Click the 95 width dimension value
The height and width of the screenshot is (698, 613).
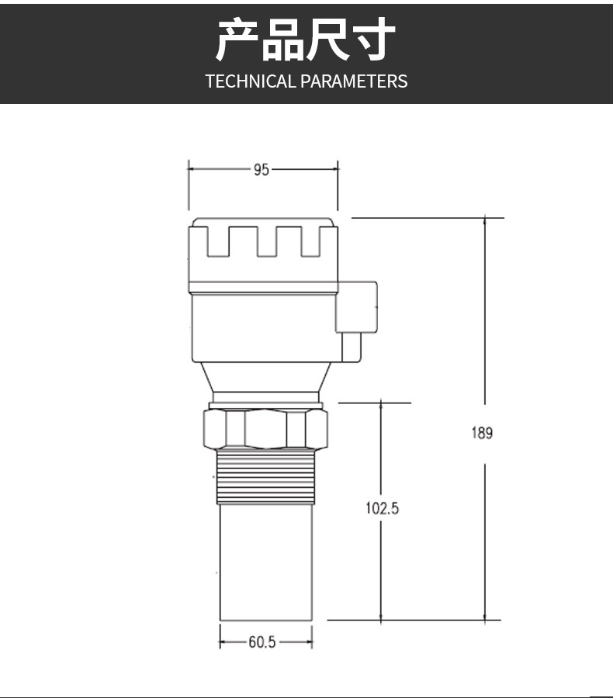pos(261,170)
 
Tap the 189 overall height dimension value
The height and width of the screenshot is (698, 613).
pos(482,433)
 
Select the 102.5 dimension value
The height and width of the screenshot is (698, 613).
pos(383,508)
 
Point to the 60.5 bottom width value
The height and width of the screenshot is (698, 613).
pos(262,642)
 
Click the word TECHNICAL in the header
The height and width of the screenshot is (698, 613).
pos(251,81)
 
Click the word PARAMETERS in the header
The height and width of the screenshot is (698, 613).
pos(354,81)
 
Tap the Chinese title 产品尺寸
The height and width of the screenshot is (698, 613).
pos(306,40)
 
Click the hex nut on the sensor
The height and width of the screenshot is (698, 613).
pos(265,429)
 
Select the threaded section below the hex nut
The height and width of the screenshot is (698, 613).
pos(266,477)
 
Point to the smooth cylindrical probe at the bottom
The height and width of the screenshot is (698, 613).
pos(266,562)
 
